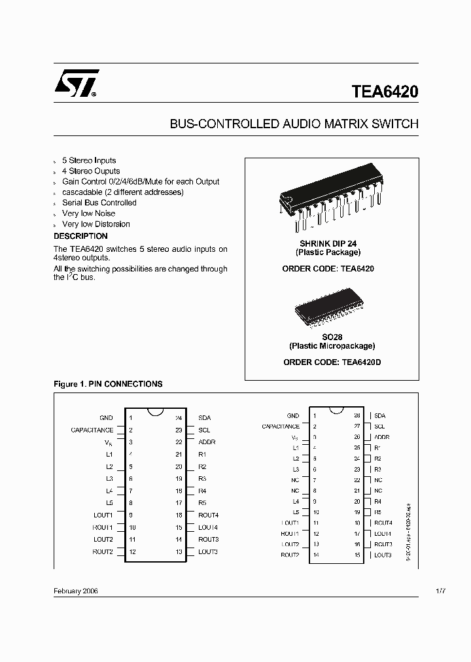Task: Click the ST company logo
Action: [x=77, y=84]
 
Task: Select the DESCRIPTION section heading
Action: [x=80, y=236]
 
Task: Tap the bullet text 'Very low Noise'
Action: [x=88, y=213]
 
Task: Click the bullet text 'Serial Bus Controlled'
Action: [x=99, y=203]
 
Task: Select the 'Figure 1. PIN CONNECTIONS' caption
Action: [x=107, y=384]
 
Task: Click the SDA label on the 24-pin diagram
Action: [x=205, y=417]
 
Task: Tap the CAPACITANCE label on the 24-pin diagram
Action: [x=92, y=430]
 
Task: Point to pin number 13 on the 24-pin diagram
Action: [x=179, y=552]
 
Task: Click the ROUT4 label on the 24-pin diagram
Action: [x=208, y=515]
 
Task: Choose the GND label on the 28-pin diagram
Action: [x=292, y=415]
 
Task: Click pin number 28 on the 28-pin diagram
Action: [x=357, y=415]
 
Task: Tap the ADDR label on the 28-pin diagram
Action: [x=381, y=437]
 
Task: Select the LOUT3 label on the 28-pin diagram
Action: [x=383, y=555]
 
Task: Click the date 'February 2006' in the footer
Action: [x=75, y=591]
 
